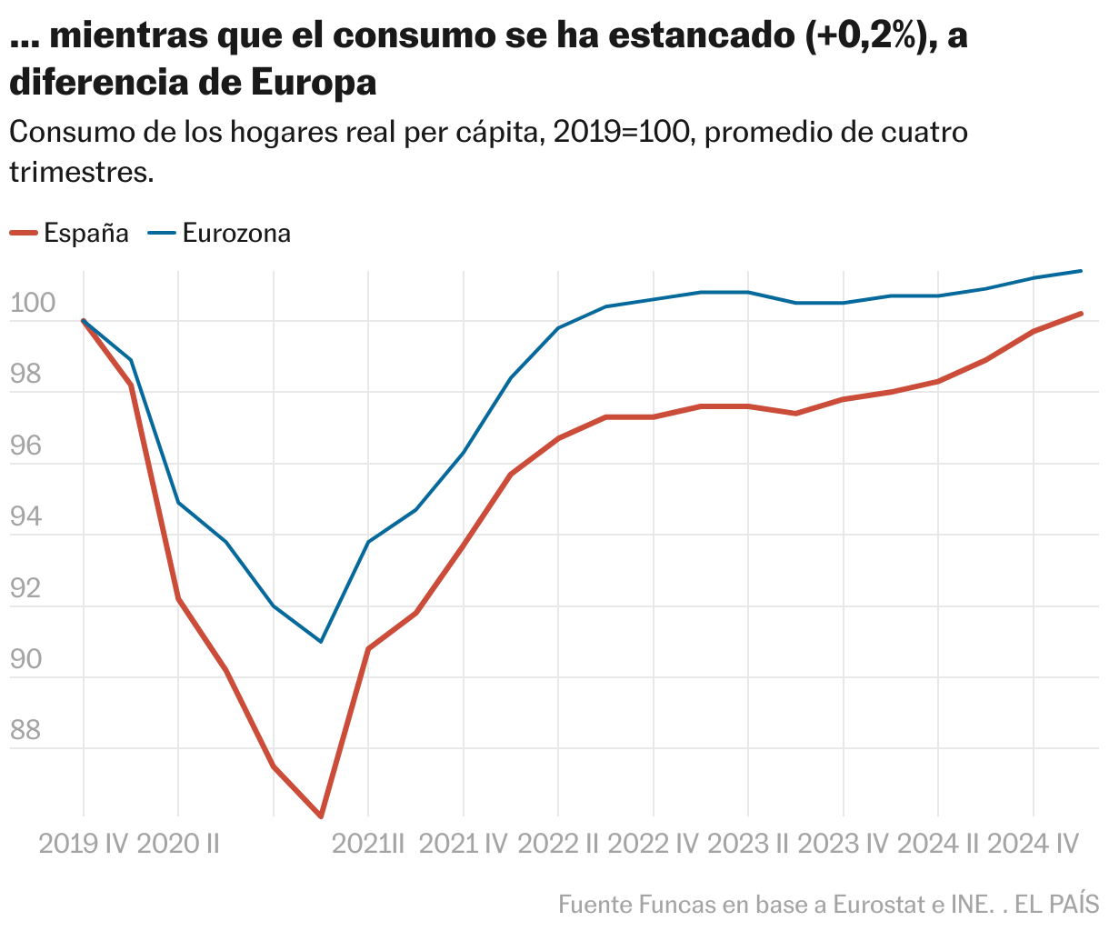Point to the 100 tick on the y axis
pos(33,303)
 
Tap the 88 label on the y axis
pos(26,730)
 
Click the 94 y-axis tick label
pos(26,516)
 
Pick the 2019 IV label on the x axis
pos(84,844)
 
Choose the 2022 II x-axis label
pos(558,844)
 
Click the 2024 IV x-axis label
pos(1033,844)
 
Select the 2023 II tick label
pos(748,844)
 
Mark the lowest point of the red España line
pos(321,816)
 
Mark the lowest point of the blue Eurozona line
pos(321,642)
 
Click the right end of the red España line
pos(1081,314)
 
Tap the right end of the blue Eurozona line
pos(1081,271)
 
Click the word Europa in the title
pos(313,83)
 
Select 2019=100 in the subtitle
pos(624,133)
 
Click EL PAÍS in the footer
pos(1056,905)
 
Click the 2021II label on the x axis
pos(368,844)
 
